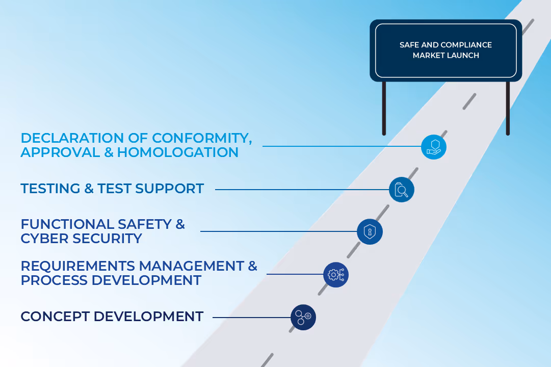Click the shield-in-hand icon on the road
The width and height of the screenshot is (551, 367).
433,147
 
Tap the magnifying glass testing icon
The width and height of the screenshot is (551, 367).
401,190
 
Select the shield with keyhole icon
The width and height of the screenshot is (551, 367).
369,232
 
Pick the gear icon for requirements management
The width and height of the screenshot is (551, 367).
336,275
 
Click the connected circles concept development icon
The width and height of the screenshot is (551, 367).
303,317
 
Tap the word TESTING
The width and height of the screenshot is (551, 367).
50,189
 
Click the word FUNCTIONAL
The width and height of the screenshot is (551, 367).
68,224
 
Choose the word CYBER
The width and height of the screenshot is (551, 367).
44,239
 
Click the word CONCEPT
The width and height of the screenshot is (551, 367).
55,317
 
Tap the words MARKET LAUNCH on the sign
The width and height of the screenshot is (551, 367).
445,56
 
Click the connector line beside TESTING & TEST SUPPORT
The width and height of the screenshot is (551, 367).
301,190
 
